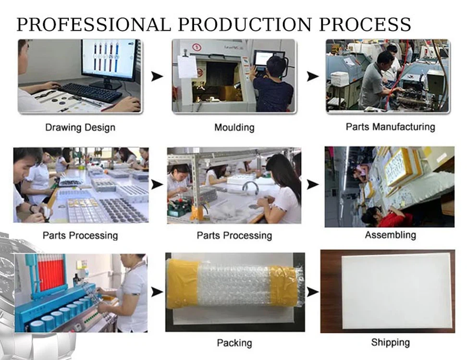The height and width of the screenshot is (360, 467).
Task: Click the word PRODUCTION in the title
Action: click(x=245, y=25)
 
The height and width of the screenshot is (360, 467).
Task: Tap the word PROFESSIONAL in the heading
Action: click(x=94, y=25)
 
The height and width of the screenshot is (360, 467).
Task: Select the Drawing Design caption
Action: click(x=80, y=127)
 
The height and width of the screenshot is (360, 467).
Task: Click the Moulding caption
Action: click(x=234, y=127)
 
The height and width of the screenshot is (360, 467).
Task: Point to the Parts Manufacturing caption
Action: click(x=390, y=127)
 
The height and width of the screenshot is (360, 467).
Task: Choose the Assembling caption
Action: click(x=391, y=235)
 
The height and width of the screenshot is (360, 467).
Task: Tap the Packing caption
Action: click(x=234, y=343)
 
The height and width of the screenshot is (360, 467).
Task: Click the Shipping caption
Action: click(x=391, y=342)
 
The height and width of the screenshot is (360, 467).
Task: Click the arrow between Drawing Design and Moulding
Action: click(x=157, y=76)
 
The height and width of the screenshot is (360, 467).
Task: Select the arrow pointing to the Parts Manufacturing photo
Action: click(x=313, y=76)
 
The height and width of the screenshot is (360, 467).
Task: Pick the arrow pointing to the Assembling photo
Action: click(x=313, y=185)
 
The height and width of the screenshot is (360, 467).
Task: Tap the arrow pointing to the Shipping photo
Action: click(x=313, y=292)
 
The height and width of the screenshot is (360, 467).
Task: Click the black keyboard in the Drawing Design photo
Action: click(x=90, y=92)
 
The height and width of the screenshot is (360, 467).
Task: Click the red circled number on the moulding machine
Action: click(x=197, y=47)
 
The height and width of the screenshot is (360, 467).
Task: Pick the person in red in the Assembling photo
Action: click(x=387, y=217)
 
